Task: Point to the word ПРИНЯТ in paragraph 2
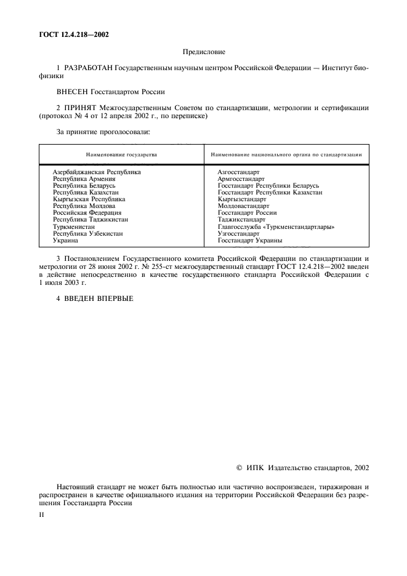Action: pyautogui.click(x=78, y=108)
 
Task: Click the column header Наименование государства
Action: pyautogui.click(x=121, y=154)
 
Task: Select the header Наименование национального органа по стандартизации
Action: pyautogui.click(x=286, y=154)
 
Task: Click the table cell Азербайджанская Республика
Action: pyautogui.click(x=97, y=172)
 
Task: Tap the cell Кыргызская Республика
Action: pyautogui.click(x=89, y=199)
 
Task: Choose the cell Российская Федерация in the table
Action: pyautogui.click(x=87, y=213)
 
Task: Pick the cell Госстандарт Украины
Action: pyautogui.click(x=250, y=241)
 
